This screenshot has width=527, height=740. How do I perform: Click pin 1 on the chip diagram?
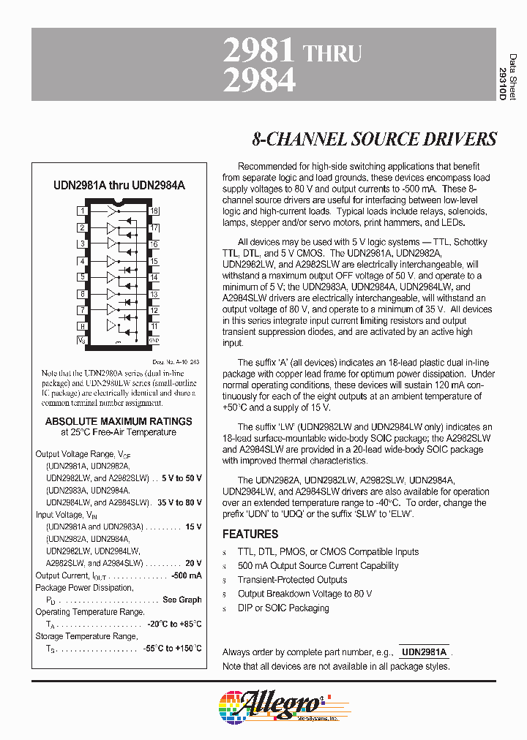click(x=82, y=211)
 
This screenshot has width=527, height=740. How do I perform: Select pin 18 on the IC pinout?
click(x=154, y=211)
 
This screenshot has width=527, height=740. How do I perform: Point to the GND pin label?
click(x=154, y=340)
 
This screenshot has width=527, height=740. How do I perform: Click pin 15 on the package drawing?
click(x=154, y=261)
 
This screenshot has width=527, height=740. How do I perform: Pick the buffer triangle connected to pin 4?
click(x=111, y=261)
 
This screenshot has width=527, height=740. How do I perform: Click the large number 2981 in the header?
click(x=258, y=52)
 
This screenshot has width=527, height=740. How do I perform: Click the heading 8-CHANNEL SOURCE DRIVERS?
click(x=374, y=139)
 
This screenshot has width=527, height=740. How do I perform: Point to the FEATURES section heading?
click(x=250, y=534)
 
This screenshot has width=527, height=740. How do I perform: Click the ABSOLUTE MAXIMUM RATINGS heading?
click(x=119, y=421)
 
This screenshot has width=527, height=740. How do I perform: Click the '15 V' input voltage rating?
click(x=193, y=526)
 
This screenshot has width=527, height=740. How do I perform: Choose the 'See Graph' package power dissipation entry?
click(x=182, y=600)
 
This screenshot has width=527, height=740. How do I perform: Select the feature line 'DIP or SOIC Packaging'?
click(x=283, y=608)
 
